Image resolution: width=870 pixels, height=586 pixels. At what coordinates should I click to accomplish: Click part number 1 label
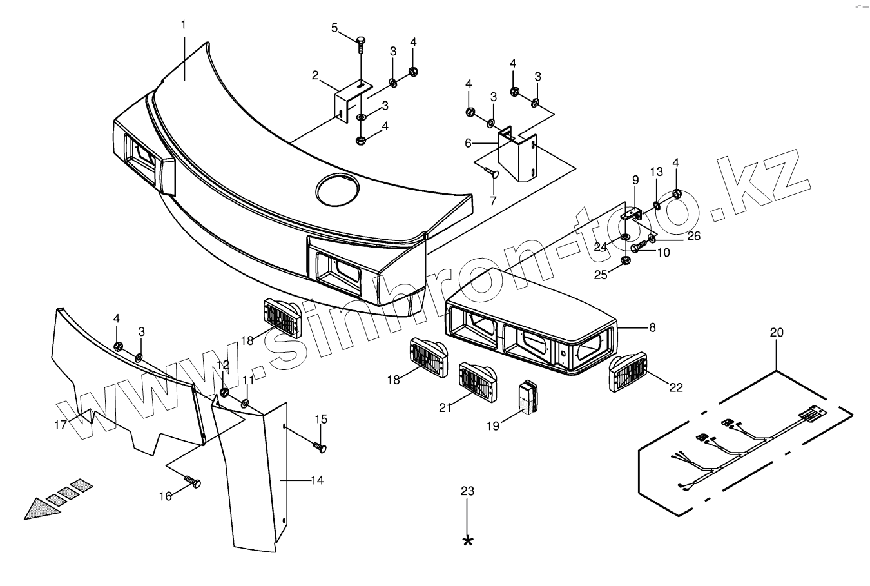pyautogui.click(x=183, y=24)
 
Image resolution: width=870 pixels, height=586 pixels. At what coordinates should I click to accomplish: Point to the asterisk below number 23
pyautogui.click(x=468, y=540)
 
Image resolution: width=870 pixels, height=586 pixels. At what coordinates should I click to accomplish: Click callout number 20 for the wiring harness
pyautogui.click(x=777, y=333)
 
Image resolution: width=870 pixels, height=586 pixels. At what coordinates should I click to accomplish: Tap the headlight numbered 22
pyautogui.click(x=628, y=372)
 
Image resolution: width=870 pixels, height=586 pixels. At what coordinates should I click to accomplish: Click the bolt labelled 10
pyautogui.click(x=639, y=246)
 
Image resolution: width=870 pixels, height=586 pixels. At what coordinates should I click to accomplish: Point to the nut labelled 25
pyautogui.click(x=624, y=260)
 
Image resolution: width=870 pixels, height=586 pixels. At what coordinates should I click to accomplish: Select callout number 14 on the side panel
pyautogui.click(x=316, y=480)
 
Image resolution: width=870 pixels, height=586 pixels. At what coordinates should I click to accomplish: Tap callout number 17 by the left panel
pyautogui.click(x=60, y=425)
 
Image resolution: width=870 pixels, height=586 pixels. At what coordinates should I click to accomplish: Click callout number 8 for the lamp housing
pyautogui.click(x=652, y=327)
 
